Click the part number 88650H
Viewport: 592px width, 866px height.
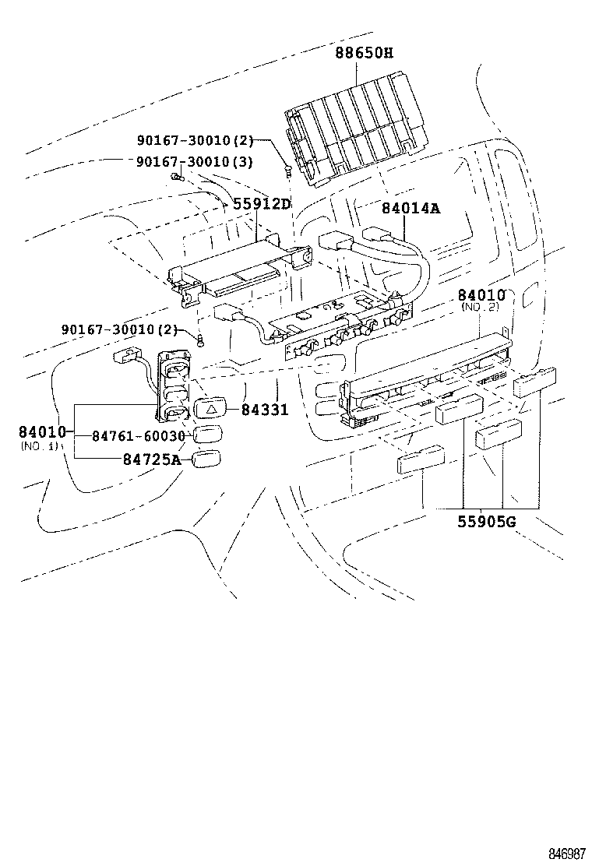pos(365,53)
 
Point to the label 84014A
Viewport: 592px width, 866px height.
pos(411,208)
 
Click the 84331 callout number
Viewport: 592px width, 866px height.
pos(264,409)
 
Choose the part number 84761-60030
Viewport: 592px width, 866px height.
pos(139,437)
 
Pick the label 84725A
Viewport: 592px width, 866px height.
pos(151,459)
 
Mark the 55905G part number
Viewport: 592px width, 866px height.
pos(485,521)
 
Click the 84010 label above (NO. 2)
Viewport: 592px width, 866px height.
pos(481,295)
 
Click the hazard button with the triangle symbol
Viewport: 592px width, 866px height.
pos(211,407)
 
